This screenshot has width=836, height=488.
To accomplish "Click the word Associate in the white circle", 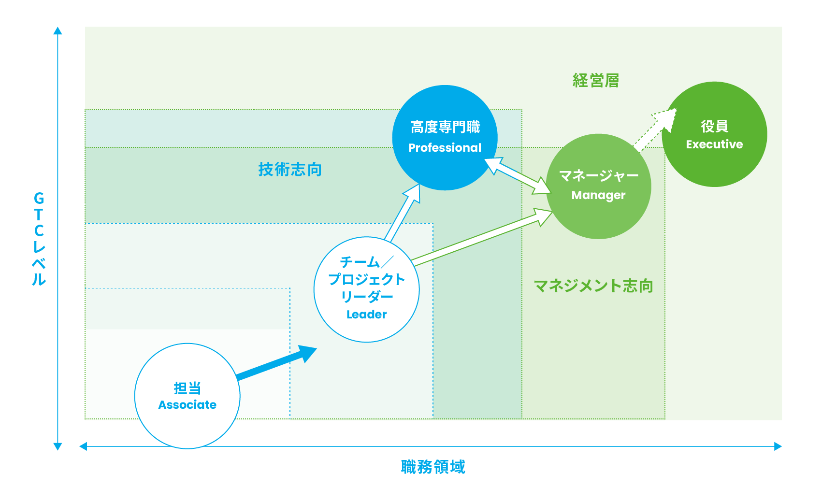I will (x=187, y=405).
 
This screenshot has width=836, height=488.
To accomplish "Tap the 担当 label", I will (x=187, y=388).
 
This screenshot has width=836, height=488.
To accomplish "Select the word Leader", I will (x=366, y=315).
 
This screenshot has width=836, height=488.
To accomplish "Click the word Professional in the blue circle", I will (x=445, y=148).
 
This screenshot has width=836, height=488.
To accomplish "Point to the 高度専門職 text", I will (x=445, y=127).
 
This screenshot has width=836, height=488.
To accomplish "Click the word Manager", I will (x=598, y=195).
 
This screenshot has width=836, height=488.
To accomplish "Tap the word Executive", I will (x=714, y=144).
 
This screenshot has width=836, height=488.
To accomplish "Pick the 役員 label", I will (x=714, y=126).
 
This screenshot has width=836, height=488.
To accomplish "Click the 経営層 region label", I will (x=596, y=81).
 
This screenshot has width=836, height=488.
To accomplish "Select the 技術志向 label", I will (x=290, y=170).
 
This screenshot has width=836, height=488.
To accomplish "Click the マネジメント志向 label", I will (x=593, y=286).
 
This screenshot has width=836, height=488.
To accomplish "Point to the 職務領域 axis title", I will (x=433, y=467).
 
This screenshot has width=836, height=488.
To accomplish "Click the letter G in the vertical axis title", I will (x=39, y=198).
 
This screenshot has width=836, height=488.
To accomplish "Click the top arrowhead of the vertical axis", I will (x=58, y=31).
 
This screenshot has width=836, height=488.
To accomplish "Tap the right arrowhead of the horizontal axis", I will (x=778, y=446).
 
